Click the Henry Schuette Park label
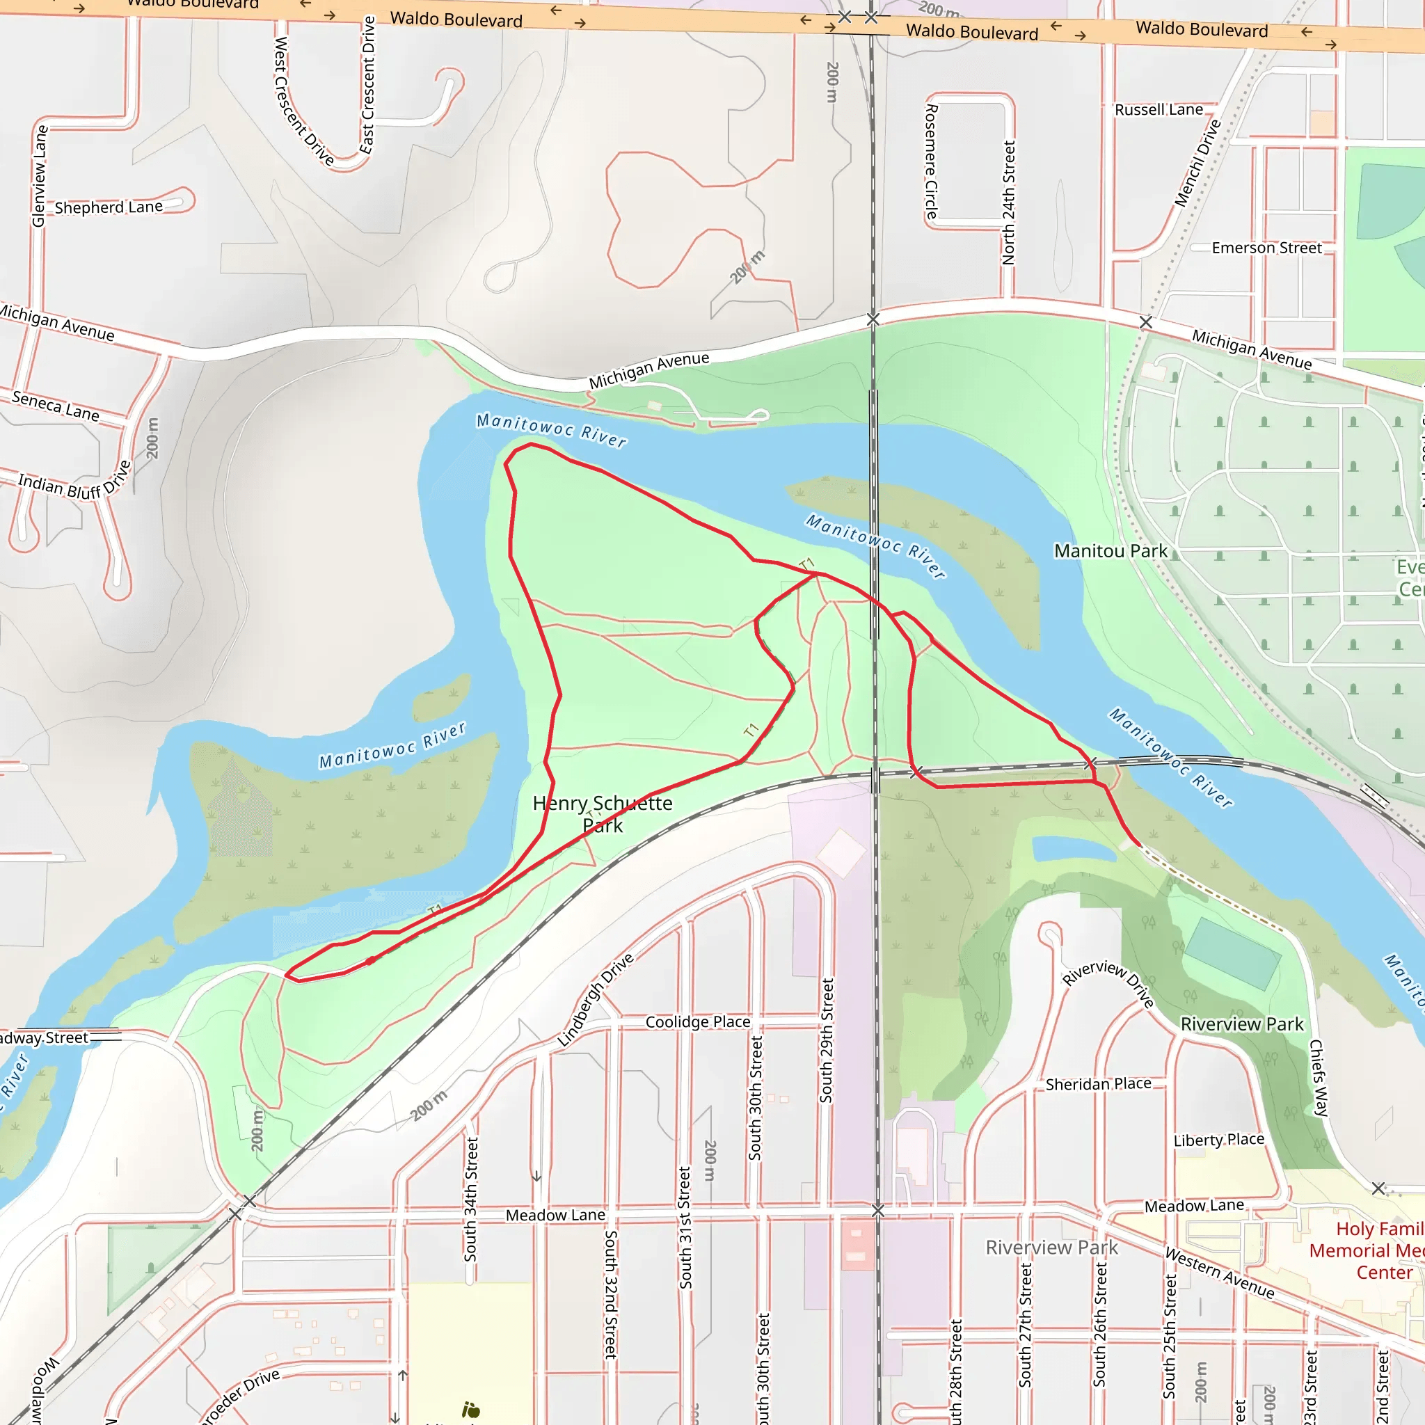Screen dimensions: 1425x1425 (x=603, y=813)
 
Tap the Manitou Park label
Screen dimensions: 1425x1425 (x=1110, y=551)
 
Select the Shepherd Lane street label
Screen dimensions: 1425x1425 (x=109, y=207)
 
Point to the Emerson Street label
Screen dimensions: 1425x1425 (x=1266, y=248)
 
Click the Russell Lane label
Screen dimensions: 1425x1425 (x=1159, y=110)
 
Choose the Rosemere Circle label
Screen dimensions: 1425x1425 (x=931, y=161)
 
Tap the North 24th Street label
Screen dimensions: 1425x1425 (x=1008, y=203)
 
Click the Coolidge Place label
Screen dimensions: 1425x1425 (x=698, y=1021)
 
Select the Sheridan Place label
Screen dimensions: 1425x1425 (x=1097, y=1083)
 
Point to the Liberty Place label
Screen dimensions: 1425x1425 (x=1218, y=1140)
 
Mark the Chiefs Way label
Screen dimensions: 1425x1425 (x=1317, y=1078)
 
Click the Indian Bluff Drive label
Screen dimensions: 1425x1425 (x=74, y=482)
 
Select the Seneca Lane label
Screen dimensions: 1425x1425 (x=56, y=406)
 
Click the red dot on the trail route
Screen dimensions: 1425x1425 (x=370, y=961)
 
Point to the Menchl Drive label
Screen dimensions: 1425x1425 (x=1198, y=163)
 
